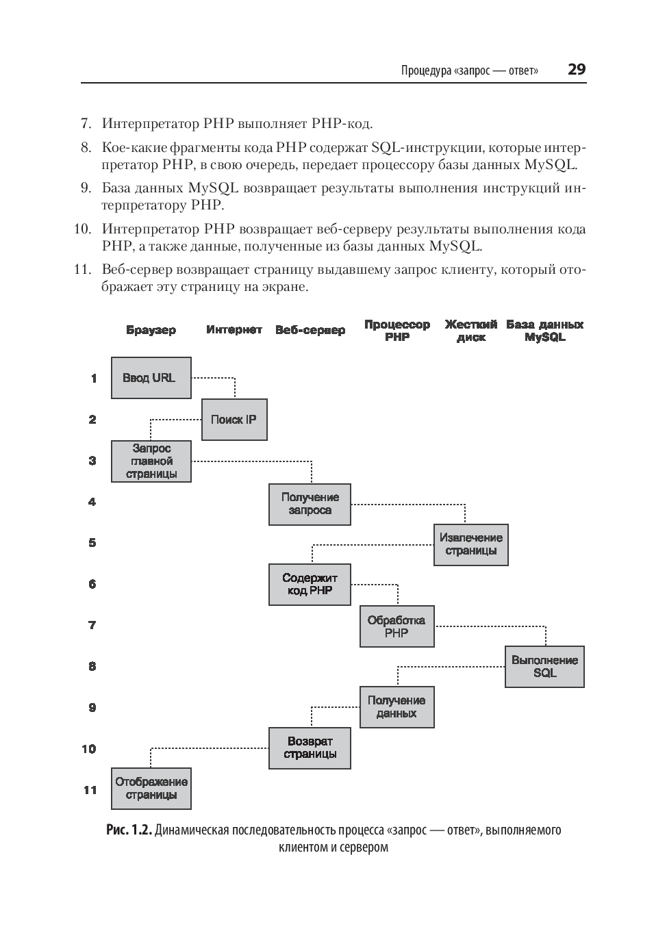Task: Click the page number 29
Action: (576, 69)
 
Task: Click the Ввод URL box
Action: (151, 378)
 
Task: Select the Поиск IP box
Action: (234, 420)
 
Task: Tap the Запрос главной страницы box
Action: (151, 461)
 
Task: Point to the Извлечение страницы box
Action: (470, 545)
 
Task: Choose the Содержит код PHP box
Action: (310, 585)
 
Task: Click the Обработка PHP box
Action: (397, 626)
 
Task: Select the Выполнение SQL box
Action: (544, 667)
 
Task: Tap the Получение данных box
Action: (397, 707)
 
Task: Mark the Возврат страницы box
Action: (310, 748)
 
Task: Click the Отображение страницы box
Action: (151, 789)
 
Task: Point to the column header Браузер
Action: (151, 330)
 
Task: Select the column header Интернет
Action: (234, 330)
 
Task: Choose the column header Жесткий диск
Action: (470, 331)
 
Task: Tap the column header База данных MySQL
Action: (544, 331)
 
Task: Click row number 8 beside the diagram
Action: (92, 666)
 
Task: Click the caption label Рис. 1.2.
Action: (129, 830)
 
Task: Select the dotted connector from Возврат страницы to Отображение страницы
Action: (205, 748)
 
